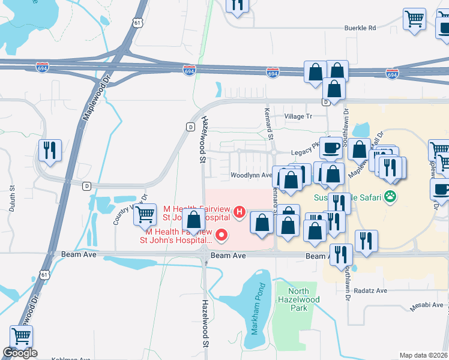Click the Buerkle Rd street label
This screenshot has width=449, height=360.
(x=360, y=28)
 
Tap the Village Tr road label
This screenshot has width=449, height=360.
(x=298, y=116)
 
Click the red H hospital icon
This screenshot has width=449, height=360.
(x=240, y=211)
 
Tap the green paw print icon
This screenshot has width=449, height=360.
(x=391, y=196)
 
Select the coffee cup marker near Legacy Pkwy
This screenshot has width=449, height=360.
(x=330, y=147)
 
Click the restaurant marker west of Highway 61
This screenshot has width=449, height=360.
(x=50, y=149)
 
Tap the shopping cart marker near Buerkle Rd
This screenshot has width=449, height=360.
(x=414, y=19)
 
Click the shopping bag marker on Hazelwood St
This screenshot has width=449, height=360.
(x=194, y=220)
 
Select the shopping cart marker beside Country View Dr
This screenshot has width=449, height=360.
(x=145, y=214)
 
